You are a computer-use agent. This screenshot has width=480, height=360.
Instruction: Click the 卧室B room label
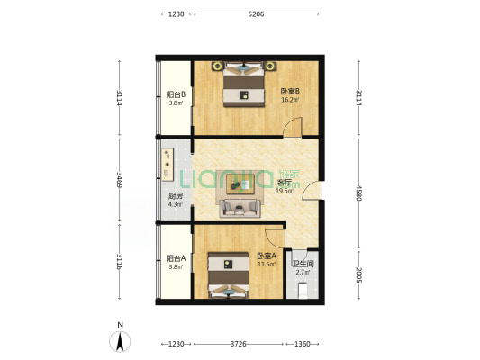(x=290, y=91)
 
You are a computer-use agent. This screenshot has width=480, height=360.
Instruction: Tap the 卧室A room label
(x=267, y=256)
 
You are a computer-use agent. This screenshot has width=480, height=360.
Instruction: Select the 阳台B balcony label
(x=176, y=94)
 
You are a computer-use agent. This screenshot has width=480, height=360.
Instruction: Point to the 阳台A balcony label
(x=176, y=258)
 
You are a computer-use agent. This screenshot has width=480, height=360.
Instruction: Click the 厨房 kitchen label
(x=176, y=196)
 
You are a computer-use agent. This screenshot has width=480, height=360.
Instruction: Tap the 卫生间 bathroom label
(x=303, y=264)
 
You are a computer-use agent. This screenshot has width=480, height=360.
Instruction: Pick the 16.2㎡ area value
(x=290, y=99)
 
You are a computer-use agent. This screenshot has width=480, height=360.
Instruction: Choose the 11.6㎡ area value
(x=267, y=264)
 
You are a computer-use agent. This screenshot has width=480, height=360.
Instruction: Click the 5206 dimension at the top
(x=256, y=14)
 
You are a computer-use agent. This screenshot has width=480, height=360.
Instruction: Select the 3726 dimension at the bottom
(x=238, y=344)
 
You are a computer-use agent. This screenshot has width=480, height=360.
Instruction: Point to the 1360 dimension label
(x=303, y=344)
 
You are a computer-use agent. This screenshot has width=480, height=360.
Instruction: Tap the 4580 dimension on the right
(x=359, y=193)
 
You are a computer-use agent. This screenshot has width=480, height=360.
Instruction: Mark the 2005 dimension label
(x=359, y=275)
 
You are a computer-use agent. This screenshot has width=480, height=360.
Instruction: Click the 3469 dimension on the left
(x=120, y=180)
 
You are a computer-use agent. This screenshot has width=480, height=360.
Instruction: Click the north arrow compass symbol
(x=120, y=341)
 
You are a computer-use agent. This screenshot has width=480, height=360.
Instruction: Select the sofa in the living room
(x=240, y=208)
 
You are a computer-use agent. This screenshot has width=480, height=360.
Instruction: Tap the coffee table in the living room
(x=240, y=184)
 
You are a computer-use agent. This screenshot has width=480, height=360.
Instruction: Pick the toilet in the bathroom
(x=303, y=291)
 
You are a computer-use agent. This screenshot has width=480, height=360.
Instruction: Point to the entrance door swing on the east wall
(x=311, y=191)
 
